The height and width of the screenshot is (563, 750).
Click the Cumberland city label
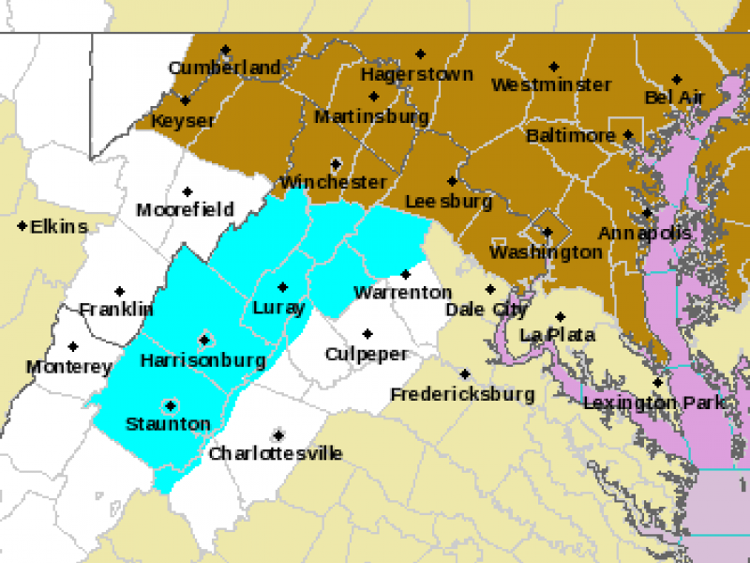(225, 68)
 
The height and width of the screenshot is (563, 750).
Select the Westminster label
(551, 84)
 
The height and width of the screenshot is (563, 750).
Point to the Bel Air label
(673, 98)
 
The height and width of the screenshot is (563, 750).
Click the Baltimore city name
(570, 136)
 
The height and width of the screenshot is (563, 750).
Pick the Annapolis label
(645, 233)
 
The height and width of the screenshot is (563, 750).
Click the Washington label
(546, 251)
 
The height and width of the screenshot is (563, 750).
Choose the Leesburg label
(448, 201)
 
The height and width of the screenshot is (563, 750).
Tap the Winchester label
(333, 182)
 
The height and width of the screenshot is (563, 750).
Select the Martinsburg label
(371, 117)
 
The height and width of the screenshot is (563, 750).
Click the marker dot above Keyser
(185, 101)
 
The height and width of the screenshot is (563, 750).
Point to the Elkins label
(58, 226)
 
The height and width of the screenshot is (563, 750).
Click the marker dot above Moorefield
(187, 191)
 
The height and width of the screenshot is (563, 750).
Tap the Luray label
(278, 308)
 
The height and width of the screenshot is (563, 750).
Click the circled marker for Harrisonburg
(203, 340)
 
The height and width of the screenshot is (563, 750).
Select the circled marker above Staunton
(170, 406)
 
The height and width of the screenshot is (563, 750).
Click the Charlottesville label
(276, 454)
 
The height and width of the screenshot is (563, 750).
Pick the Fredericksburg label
(462, 394)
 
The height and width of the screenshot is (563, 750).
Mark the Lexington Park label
(654, 403)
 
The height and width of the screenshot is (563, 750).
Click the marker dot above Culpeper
(367, 333)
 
